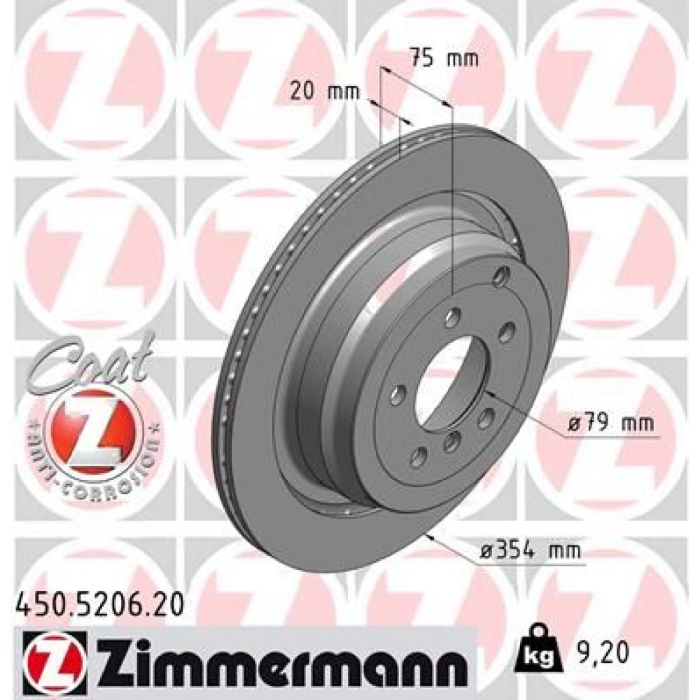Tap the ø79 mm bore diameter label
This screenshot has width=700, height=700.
(x=608, y=423)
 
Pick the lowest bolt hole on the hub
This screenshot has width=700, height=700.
(x=419, y=457)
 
